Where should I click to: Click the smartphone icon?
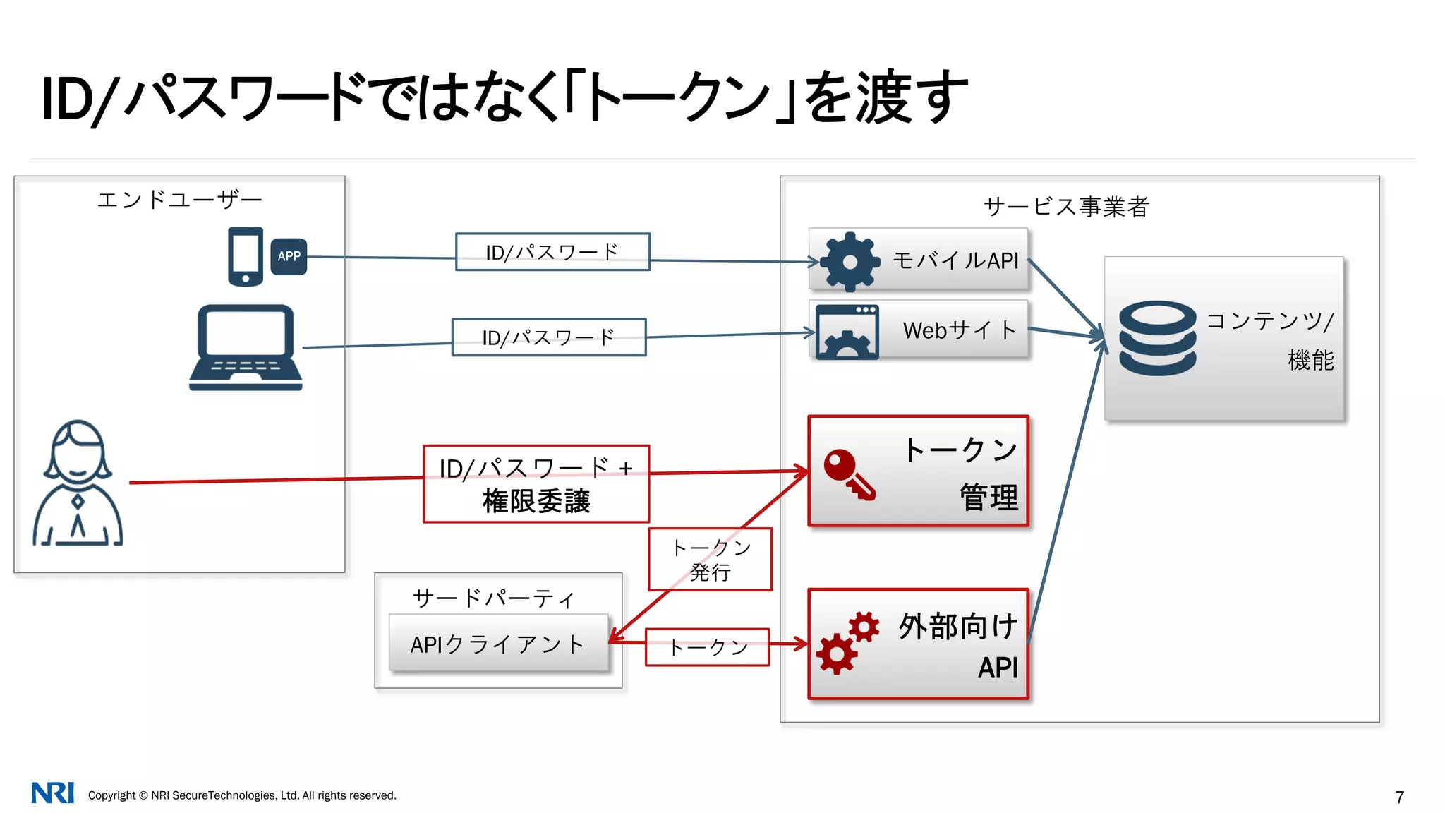[245, 256]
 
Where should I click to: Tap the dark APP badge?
[289, 256]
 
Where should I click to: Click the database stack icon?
[1157, 338]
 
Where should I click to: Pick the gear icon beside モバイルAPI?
[850, 262]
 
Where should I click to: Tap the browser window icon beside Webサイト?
[847, 332]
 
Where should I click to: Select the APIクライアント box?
[498, 643]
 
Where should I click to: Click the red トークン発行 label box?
[710, 559]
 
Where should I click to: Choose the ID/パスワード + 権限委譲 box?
[536, 484]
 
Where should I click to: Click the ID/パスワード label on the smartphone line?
[552, 252]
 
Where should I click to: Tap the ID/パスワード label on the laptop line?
[548, 337]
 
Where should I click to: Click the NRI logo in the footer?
[52, 793]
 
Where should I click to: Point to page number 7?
[1400, 797]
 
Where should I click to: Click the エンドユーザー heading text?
[179, 200]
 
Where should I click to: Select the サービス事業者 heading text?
[1066, 207]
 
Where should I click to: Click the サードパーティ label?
[493, 598]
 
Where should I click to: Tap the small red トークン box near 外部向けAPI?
[707, 646]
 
